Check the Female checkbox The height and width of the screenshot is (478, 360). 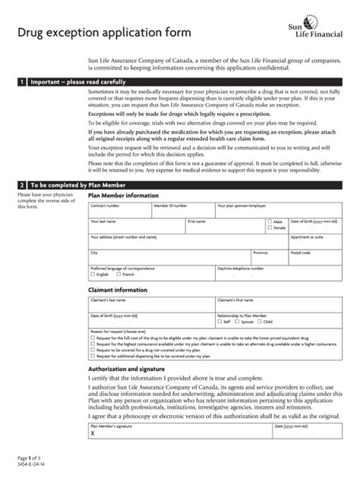(270, 228)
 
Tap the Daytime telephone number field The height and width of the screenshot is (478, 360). (265, 272)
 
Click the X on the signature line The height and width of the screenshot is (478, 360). (93, 433)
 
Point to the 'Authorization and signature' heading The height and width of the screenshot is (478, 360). (128, 370)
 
